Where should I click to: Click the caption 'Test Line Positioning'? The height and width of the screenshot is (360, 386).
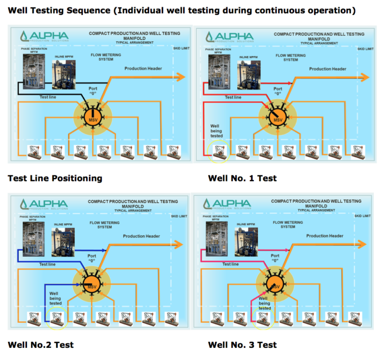point(55,178)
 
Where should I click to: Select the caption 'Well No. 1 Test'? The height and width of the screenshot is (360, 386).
point(242,178)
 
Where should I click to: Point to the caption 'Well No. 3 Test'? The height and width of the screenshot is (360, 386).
point(242,345)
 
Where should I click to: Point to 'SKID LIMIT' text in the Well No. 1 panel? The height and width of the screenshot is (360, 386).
point(365,49)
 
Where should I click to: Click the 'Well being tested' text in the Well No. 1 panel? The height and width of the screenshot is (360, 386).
point(216,131)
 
